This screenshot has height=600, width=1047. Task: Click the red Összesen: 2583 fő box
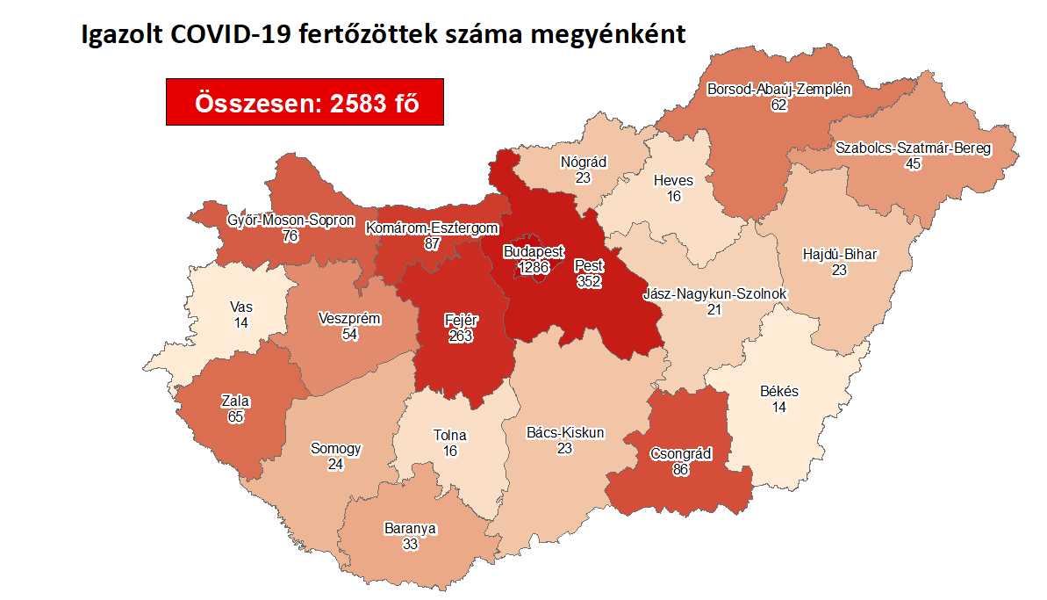point(305,102)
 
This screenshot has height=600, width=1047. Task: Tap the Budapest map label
point(534,251)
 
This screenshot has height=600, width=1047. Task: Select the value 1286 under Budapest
point(530,266)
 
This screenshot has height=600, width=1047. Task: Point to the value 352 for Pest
point(590,281)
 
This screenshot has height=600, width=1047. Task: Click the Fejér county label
point(459,321)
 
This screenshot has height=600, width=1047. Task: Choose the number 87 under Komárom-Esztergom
point(431,243)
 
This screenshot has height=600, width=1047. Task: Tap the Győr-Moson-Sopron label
point(277,220)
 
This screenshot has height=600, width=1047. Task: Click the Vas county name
point(241,307)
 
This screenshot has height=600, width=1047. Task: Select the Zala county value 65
point(234,416)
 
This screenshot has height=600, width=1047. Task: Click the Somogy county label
point(335,448)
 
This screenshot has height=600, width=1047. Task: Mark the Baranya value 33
point(410,544)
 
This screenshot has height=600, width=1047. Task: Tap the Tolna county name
point(450,435)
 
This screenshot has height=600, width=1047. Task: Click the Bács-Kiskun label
point(564,432)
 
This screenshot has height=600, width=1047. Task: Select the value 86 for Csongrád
point(680,469)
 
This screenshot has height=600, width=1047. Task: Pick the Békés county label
point(778,392)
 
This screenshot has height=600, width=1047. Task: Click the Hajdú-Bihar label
point(840,255)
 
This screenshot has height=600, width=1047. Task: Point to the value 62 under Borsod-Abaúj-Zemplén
point(778,105)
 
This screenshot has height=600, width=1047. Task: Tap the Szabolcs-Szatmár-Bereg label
point(913,148)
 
